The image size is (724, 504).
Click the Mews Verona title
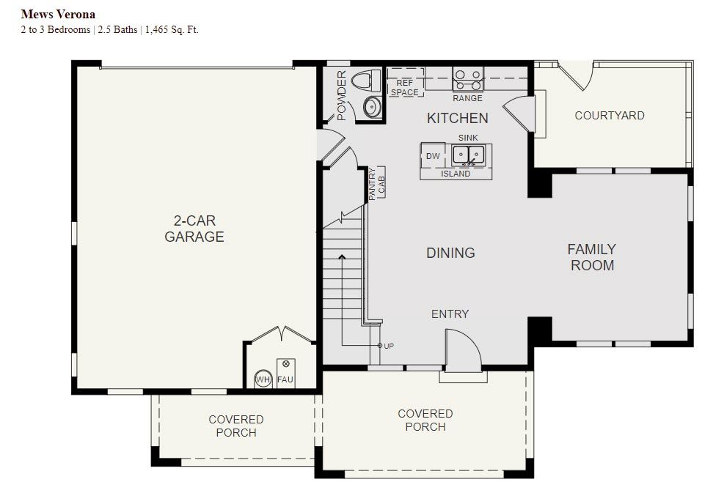pos(58,15)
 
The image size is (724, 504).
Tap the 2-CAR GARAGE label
pos(194,229)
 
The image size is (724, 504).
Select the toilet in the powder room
pos(366,81)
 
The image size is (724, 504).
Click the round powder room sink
pos(372,107)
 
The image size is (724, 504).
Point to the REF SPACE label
pos(404,87)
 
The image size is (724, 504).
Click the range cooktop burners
pos(468,79)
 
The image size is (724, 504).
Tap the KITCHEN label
pos(457,118)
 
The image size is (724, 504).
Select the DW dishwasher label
pos(433,156)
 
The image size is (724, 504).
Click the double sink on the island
pos(468,155)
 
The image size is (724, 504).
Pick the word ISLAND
pos(456,174)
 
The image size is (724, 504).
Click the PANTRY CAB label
pos(377,184)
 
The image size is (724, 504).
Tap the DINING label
pos(450,253)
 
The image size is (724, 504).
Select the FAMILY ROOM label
pos(592,257)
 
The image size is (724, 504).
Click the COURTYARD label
pos(610,115)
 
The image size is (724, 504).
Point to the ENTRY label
pos(450,314)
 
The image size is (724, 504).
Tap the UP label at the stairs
pos(389,346)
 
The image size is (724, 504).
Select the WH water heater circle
pos(263,379)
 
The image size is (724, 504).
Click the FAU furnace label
pos(285,380)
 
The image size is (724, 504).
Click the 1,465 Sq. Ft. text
pos(172,30)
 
